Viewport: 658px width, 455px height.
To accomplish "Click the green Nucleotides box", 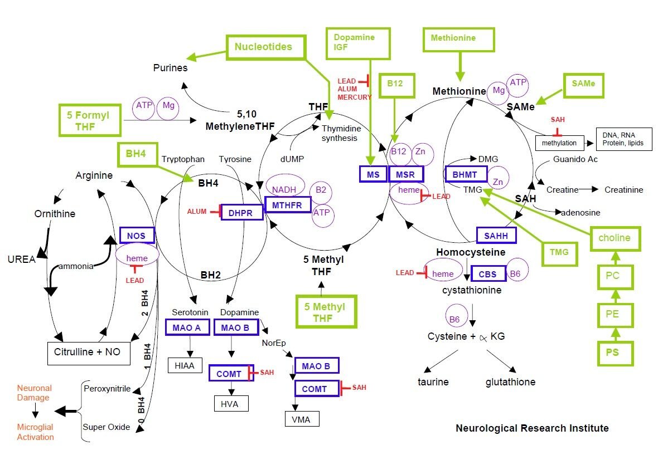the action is coord(265,47).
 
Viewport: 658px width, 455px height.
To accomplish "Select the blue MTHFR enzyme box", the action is coord(287,205).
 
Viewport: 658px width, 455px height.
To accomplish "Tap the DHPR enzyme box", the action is coord(241,212).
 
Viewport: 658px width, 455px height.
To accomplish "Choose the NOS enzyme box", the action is coord(137,236).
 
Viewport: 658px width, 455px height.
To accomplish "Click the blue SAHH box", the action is coord(496,236).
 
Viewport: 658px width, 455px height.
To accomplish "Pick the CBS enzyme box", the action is coord(487,274).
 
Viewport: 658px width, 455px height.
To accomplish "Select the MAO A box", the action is coord(187,327).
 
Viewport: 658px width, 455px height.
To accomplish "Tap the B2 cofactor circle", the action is coord(321,192).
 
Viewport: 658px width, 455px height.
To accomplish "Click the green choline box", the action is coord(615,238).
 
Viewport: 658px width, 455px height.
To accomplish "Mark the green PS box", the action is coord(615,353).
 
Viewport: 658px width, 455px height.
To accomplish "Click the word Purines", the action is coord(171,68).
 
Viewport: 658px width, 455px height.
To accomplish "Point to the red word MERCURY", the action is coord(355,97).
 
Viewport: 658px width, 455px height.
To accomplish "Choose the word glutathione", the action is coord(510,381).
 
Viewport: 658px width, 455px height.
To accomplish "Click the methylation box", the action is coord(559,143).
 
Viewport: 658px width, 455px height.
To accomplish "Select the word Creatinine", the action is coord(623,190).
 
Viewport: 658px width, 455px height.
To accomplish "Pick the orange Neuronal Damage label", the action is coord(35,393).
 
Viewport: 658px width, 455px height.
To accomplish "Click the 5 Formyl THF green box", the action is coord(90,120).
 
